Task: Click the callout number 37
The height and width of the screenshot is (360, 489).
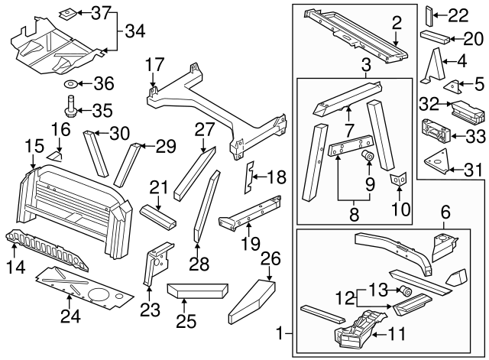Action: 101,13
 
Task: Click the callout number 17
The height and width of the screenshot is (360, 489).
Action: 154,63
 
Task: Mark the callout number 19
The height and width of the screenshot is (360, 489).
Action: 246,244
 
